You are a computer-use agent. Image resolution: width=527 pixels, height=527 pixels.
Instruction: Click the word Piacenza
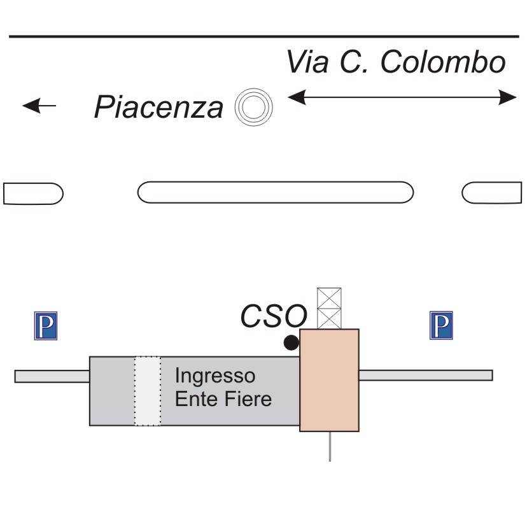(158, 106)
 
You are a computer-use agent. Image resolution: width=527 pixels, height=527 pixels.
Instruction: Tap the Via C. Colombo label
(396, 63)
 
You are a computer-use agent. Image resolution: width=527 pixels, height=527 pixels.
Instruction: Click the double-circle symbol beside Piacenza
(253, 106)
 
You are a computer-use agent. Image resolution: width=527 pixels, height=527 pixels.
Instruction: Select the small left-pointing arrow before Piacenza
(39, 106)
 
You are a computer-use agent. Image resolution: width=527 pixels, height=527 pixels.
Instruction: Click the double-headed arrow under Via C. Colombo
(402, 97)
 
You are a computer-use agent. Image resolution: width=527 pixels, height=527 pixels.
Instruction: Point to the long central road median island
(276, 192)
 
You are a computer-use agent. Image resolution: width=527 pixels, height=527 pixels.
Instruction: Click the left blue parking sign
(45, 325)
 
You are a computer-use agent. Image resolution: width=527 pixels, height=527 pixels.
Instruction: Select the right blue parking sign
(441, 325)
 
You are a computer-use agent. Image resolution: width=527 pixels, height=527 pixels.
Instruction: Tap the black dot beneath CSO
(291, 342)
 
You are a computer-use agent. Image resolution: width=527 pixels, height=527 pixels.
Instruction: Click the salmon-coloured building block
(329, 380)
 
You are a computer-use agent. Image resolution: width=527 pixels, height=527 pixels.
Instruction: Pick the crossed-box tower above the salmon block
(329, 308)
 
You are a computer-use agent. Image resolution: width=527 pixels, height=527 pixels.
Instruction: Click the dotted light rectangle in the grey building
(148, 391)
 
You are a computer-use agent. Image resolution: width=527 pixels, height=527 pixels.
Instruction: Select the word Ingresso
(206, 376)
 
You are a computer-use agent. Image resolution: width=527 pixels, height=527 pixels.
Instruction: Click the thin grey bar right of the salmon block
(425, 375)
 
